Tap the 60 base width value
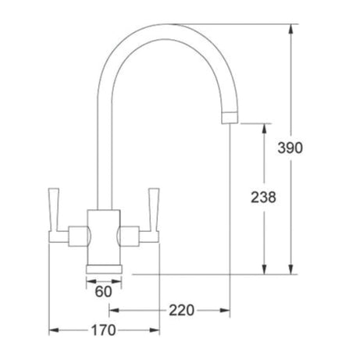tap(102, 292)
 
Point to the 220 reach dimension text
tap(180, 310)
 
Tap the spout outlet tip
tap(228, 117)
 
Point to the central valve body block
tap(102, 235)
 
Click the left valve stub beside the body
tap(77, 233)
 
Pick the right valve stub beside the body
tap(128, 233)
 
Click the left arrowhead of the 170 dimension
tap(54, 330)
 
